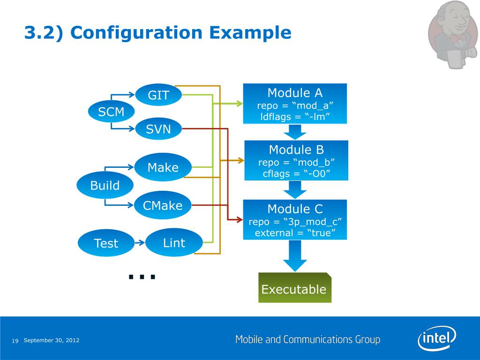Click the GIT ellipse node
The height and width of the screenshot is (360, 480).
158,95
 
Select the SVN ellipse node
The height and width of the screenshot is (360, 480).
158,129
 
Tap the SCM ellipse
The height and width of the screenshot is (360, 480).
111,112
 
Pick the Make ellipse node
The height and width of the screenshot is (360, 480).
163,167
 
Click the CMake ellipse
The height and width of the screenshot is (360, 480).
163,205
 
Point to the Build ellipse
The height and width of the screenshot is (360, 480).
105,185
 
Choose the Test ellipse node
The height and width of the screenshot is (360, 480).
106,243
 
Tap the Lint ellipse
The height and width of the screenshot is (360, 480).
174,242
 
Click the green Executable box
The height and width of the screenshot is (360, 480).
295,288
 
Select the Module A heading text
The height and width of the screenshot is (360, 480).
295,93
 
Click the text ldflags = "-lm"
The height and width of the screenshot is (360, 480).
295,117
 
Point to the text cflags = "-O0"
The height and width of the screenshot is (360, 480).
296,173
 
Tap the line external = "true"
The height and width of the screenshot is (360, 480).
295,233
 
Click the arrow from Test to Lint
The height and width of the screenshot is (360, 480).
140,243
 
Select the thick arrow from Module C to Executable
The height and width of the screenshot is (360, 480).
295,256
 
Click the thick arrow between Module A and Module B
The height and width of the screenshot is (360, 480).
295,132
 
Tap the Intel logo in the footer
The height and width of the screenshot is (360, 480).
437,338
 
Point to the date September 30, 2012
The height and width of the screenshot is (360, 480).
52,340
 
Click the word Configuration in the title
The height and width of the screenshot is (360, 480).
136,33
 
